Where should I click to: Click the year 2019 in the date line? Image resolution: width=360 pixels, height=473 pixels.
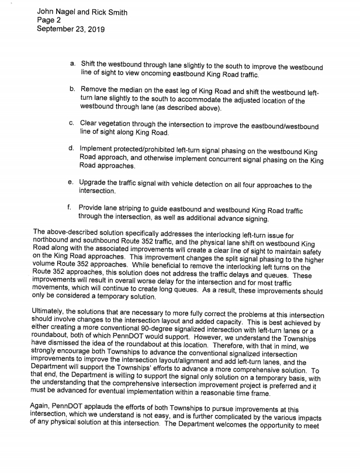click(x=95, y=30)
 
